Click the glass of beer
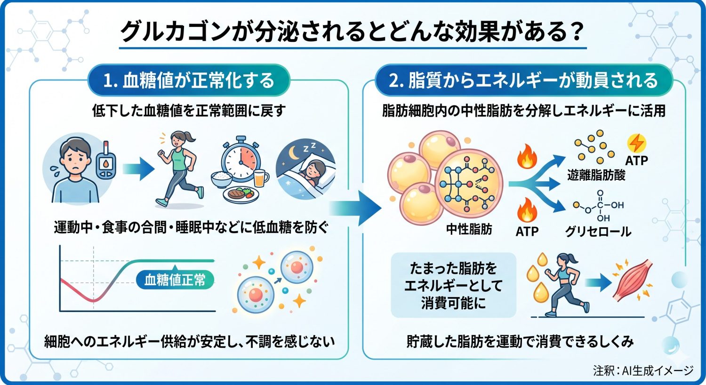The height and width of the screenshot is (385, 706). [x=260, y=178]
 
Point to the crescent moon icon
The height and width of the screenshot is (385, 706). [x=294, y=153]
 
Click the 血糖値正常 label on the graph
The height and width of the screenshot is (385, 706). [x=175, y=280]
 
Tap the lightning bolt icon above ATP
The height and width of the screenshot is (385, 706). [x=636, y=143]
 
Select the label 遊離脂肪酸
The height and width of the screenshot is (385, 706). [x=596, y=175]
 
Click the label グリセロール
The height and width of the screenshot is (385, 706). [x=598, y=231]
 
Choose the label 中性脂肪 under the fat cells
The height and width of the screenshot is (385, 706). [x=469, y=229]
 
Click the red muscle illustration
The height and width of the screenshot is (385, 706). [x=633, y=281]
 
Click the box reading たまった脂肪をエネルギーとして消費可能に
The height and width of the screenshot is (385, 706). [x=453, y=286]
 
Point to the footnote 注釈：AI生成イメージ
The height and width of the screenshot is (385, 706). [x=643, y=371]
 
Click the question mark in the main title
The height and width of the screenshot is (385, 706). [x=575, y=32]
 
